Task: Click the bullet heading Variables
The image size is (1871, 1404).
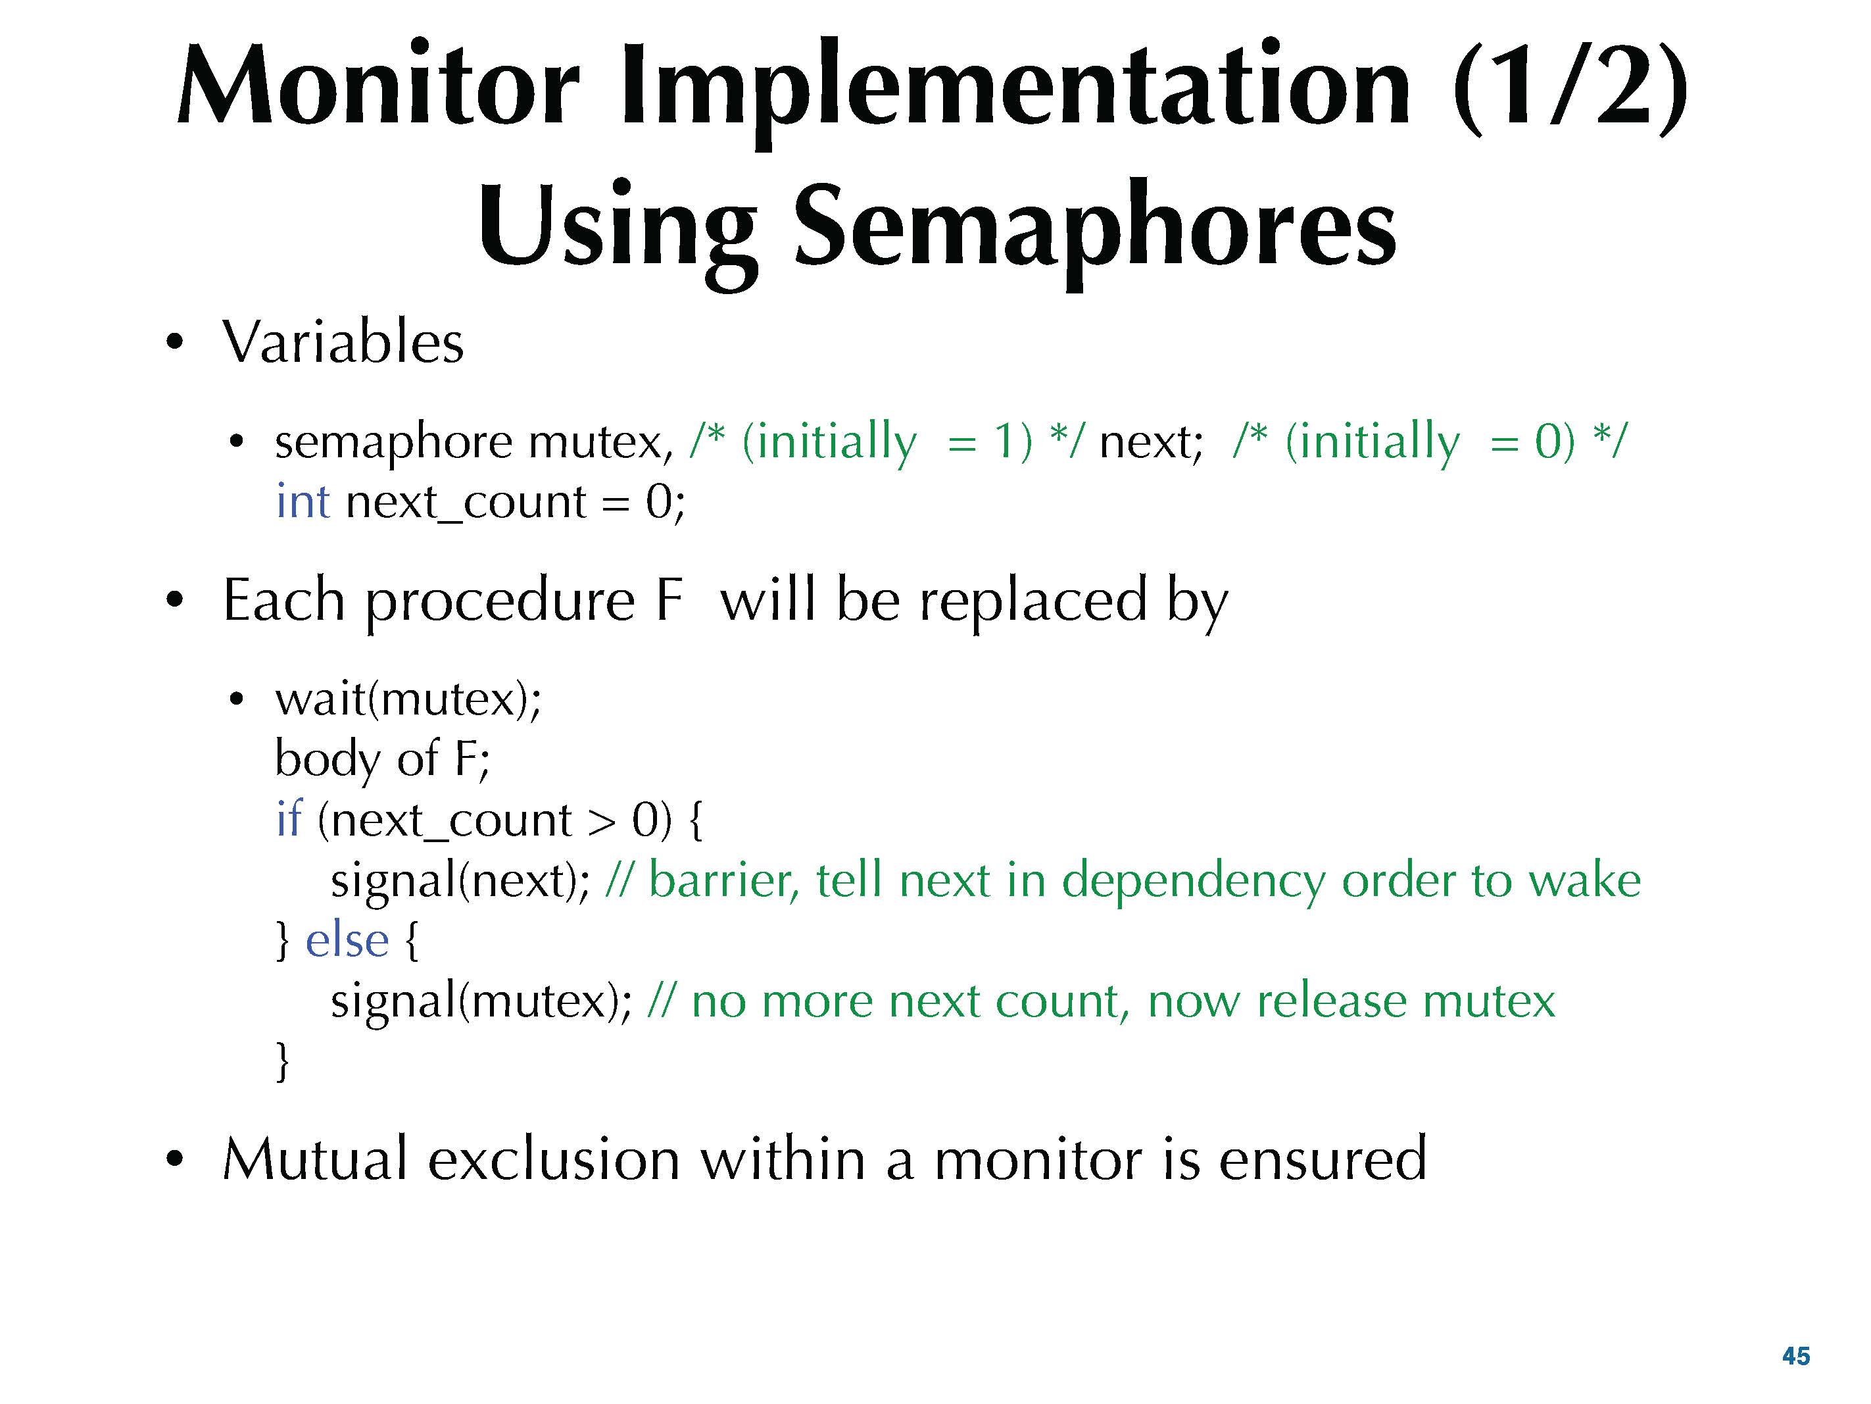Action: [343, 342]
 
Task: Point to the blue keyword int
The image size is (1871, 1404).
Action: [303, 500]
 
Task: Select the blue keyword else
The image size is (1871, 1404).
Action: [347, 940]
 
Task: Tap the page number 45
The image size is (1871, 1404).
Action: [1796, 1356]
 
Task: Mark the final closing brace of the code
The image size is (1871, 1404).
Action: [283, 1061]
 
